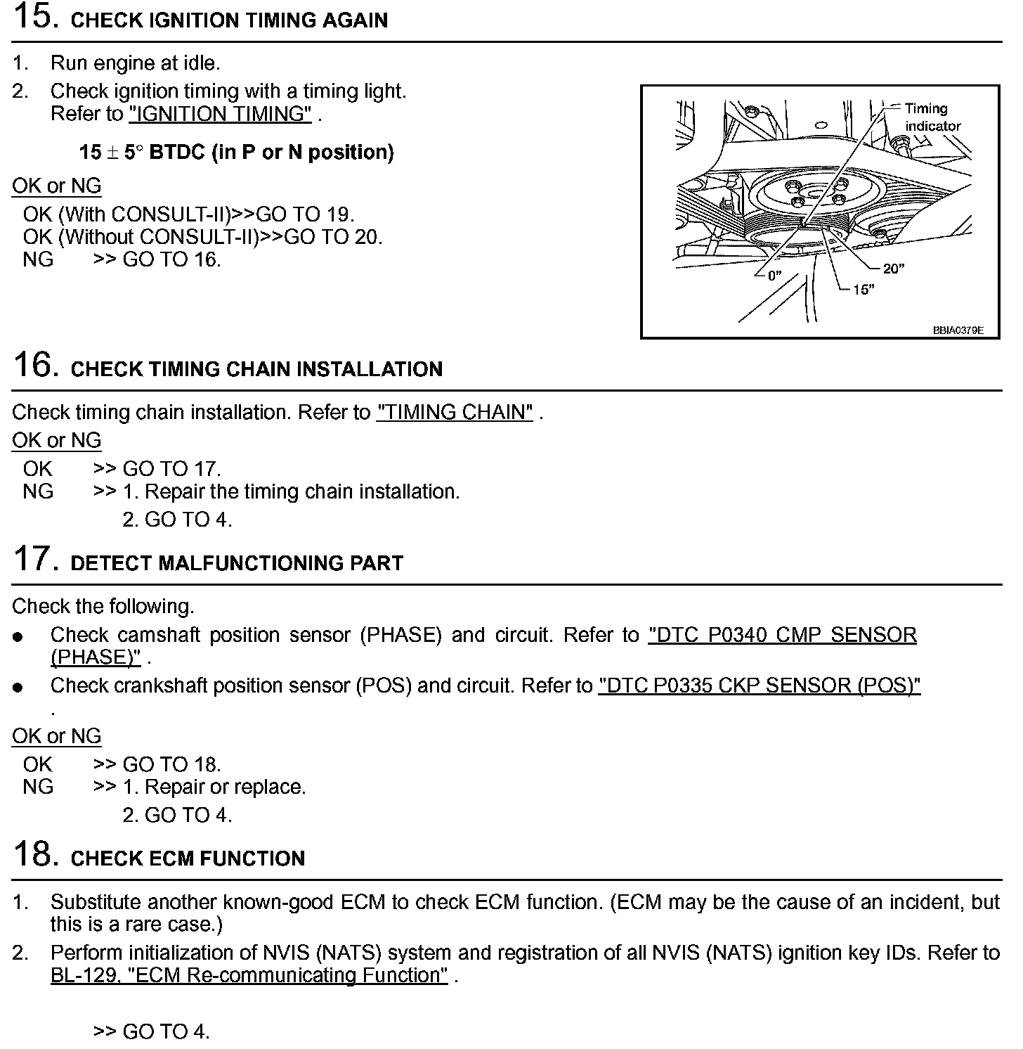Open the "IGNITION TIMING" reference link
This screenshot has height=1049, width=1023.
click(x=220, y=115)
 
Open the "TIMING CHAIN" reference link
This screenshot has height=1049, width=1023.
click(x=455, y=412)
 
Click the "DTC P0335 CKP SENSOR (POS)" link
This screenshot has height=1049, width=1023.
click(x=759, y=686)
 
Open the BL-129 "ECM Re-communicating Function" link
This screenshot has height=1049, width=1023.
click(x=249, y=975)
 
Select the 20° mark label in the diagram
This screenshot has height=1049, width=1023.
click(x=893, y=269)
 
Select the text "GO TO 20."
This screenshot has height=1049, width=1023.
click(x=333, y=237)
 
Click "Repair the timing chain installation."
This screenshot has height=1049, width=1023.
click(x=301, y=491)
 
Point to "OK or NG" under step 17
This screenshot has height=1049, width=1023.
click(x=57, y=736)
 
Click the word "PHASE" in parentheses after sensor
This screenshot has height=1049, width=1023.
click(x=400, y=635)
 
